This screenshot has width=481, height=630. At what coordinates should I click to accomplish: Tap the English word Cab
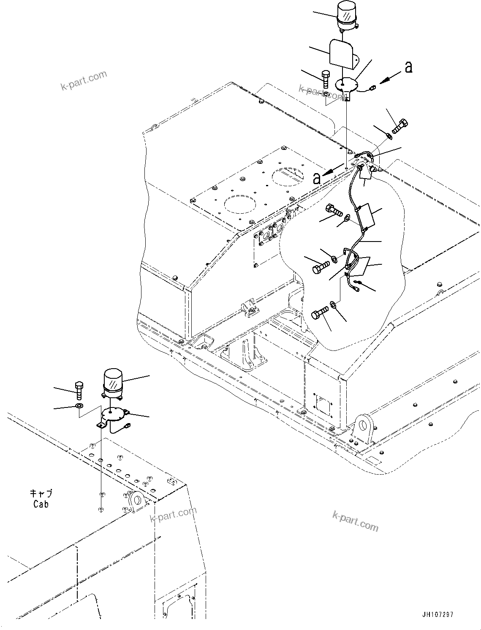point(41,504)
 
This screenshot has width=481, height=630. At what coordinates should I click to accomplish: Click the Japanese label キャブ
point(41,494)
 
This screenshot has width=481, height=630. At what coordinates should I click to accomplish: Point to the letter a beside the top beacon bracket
point(408,68)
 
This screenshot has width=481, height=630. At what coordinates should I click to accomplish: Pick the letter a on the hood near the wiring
point(317,178)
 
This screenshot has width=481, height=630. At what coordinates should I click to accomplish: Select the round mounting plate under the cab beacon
point(114,415)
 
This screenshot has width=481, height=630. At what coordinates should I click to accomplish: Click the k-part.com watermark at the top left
point(84,81)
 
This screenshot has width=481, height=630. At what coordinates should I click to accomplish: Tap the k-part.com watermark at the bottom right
point(356,521)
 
